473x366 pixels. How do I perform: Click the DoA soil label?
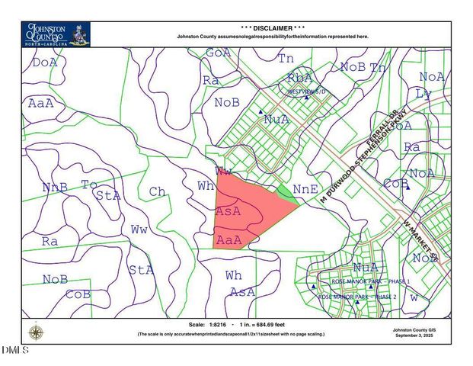pyautogui.click(x=45, y=63)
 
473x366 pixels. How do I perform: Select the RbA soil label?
pyautogui.click(x=299, y=79)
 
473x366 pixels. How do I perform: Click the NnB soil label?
pyautogui.click(x=55, y=187)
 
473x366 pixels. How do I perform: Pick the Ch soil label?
pyautogui.click(x=158, y=191)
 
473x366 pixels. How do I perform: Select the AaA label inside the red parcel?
pyautogui.click(x=229, y=239)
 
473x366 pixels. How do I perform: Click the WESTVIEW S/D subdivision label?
pyautogui.click(x=306, y=91)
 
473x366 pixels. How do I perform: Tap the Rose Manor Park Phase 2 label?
pyautogui.click(x=357, y=296)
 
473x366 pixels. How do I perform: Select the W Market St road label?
pyautogui.click(x=423, y=239)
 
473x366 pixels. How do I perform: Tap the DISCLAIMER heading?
pyautogui.click(x=272, y=27)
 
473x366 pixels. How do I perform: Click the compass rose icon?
pyautogui.click(x=35, y=332)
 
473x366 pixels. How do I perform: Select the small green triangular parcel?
pyautogui.click(x=286, y=191)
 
